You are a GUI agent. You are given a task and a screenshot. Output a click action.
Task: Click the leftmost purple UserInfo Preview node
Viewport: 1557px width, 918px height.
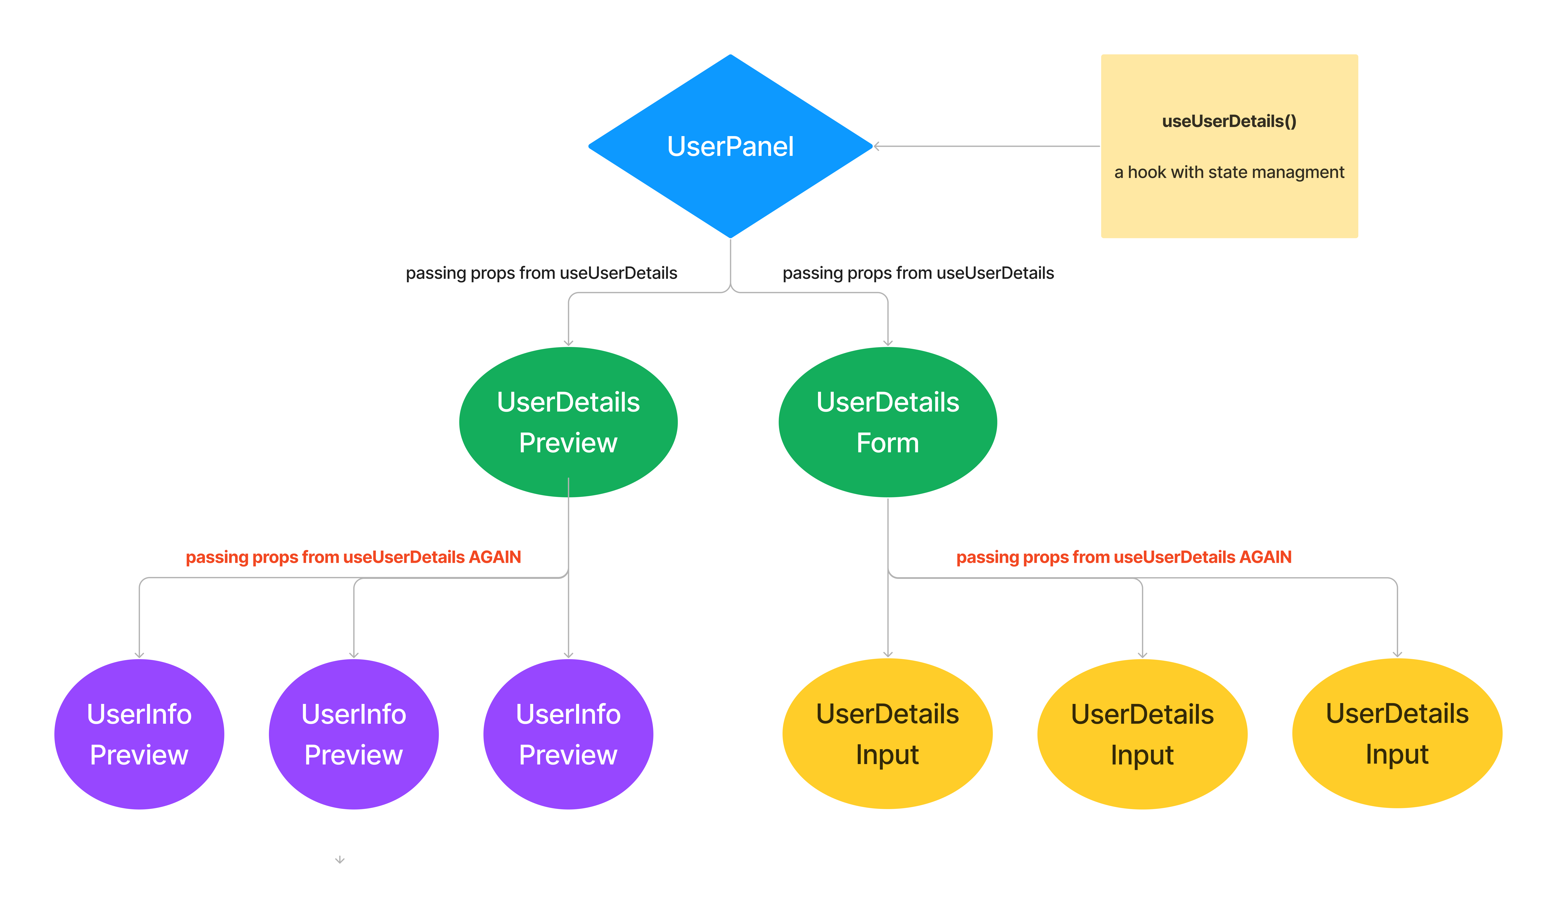(139, 734)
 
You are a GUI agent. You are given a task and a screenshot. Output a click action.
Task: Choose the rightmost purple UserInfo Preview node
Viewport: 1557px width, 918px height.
(568, 734)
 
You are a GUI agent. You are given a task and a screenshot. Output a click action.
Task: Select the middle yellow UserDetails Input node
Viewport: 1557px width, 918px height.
(1142, 734)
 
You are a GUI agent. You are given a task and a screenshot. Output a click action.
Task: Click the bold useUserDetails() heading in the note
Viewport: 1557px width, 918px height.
(1229, 121)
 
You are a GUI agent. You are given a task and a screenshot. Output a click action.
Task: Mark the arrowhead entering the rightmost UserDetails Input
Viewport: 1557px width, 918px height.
(1397, 654)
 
